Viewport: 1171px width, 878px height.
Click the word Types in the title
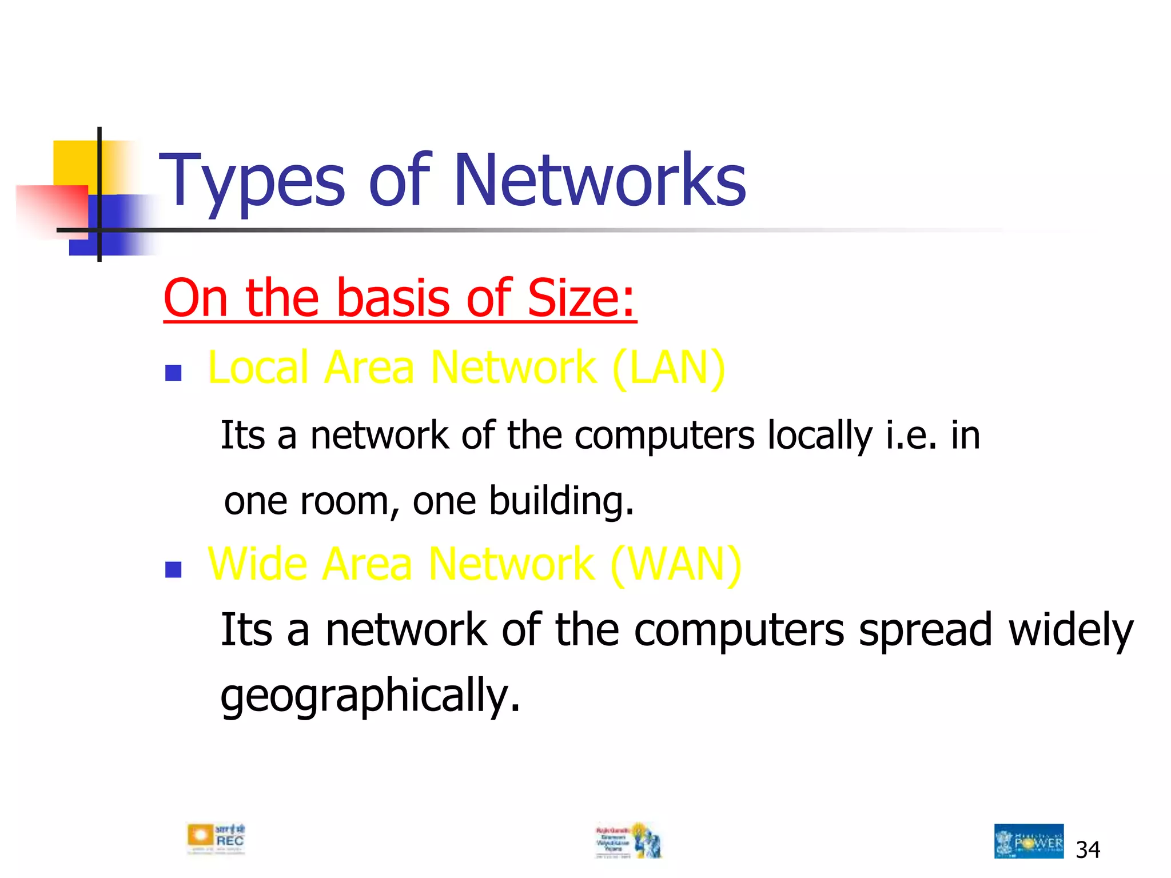252,182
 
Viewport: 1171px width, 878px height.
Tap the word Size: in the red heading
581,298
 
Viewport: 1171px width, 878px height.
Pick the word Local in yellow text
260,367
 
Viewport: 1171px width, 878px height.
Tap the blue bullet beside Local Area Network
173,373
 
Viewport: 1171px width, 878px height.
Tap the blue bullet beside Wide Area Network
173,570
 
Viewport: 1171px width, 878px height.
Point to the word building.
561,501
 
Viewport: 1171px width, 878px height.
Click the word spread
925,630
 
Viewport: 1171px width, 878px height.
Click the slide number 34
1088,850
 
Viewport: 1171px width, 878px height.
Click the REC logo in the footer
216,839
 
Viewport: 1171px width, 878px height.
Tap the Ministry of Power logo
1029,841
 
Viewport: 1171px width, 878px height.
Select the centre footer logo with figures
628,840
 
